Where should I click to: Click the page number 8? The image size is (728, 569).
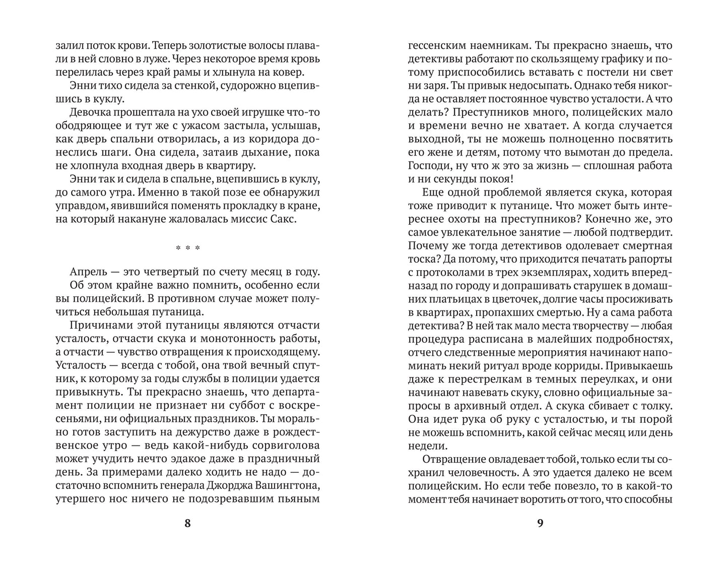187,523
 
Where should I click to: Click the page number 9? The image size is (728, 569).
540,523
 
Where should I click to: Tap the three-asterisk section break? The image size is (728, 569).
187,248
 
